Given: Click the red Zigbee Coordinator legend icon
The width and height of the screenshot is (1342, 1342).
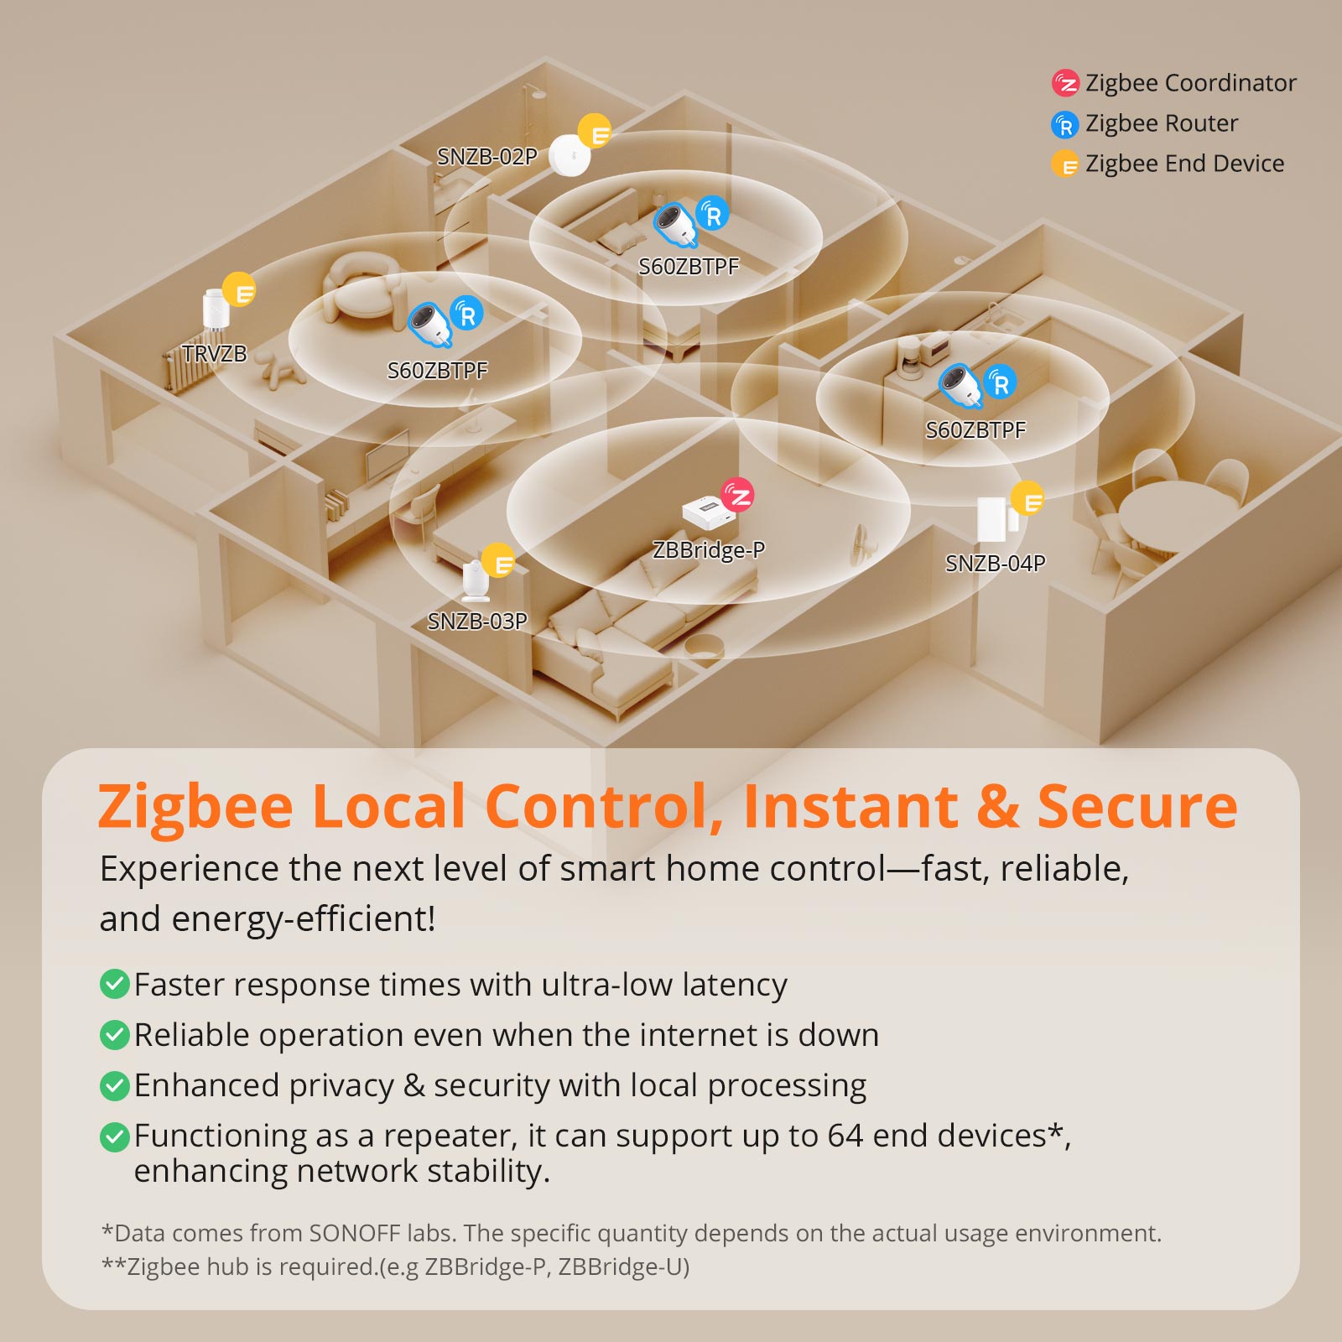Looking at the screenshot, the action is [1065, 83].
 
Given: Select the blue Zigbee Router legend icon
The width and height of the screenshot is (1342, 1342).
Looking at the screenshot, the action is [1065, 125].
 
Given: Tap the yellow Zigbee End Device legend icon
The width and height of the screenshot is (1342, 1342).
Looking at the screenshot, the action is [1065, 164].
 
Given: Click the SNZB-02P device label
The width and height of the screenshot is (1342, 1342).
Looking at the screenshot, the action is [487, 157].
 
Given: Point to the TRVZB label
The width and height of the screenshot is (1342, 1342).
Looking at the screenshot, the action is [215, 354].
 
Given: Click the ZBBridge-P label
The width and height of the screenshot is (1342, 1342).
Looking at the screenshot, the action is [709, 550].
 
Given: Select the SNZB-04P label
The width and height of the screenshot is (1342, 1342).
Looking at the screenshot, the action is [996, 564].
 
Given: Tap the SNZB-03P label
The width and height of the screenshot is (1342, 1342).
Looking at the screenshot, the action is [477, 622].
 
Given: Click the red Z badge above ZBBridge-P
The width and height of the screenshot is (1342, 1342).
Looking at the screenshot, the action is [738, 495].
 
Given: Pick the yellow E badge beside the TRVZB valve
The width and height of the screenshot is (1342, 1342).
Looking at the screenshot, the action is [239, 290].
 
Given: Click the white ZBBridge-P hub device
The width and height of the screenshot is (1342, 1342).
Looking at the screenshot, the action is [709, 512].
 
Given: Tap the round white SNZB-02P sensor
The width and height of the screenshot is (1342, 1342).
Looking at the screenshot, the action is [570, 155].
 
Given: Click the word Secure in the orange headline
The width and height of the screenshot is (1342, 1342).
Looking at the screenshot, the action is [1137, 807].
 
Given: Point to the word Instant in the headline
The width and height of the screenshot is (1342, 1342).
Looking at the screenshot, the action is [850, 807].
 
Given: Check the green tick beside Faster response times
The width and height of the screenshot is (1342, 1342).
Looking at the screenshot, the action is [114, 984].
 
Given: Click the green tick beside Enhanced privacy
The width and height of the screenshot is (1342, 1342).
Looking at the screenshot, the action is [114, 1085].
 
